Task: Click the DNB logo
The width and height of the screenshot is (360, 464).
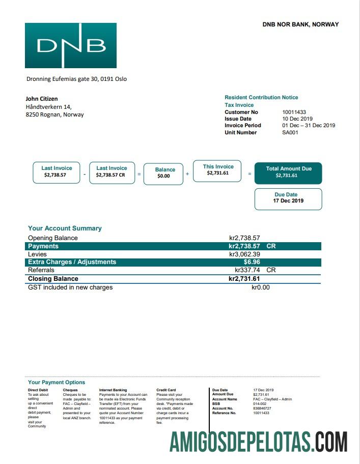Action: (x=71, y=45)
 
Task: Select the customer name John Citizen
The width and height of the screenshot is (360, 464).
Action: (x=42, y=99)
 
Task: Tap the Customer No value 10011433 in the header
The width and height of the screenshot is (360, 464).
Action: (x=294, y=112)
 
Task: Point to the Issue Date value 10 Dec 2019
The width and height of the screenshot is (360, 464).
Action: (x=297, y=119)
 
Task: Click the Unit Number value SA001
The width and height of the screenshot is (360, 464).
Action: (x=290, y=132)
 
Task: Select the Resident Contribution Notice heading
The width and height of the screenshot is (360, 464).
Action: (x=261, y=97)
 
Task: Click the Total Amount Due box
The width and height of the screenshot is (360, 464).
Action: (x=288, y=172)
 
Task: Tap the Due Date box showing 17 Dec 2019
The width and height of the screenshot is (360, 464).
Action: (x=288, y=198)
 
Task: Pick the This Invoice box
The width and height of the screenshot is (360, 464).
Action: (x=218, y=170)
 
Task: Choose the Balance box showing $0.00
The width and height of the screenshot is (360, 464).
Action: (x=163, y=173)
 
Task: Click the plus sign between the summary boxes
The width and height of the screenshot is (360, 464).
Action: (x=187, y=174)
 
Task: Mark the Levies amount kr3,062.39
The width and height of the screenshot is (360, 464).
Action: (x=244, y=254)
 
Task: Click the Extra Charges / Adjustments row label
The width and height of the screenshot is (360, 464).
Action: (x=72, y=262)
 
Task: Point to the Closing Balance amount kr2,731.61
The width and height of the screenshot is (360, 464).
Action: (x=244, y=279)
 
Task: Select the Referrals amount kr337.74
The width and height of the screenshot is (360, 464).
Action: (x=247, y=270)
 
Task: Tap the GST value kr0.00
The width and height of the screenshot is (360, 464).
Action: (x=261, y=287)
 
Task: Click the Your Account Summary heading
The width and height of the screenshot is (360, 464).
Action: (x=65, y=228)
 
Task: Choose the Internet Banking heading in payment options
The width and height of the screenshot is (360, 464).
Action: (x=113, y=390)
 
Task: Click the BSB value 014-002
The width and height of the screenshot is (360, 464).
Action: (x=260, y=404)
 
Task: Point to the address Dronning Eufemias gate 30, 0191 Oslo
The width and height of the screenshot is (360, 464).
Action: (x=76, y=79)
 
